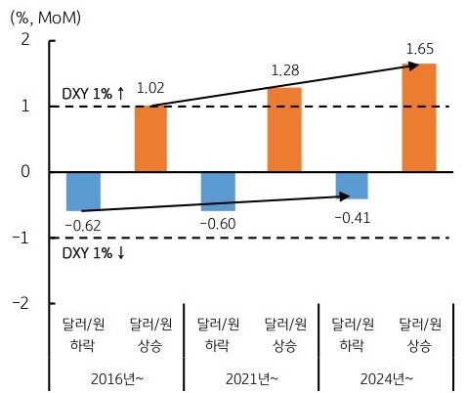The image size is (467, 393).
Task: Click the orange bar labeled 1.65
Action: point(419,117)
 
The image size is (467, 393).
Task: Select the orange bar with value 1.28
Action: point(284,130)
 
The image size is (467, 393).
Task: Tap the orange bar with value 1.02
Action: point(150,138)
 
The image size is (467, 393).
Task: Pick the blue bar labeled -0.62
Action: point(83,191)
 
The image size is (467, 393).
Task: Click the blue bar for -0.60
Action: point(217,191)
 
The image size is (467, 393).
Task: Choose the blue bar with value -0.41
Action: point(351,185)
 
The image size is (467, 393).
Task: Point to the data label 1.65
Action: point(420,47)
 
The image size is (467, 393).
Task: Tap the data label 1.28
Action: point(285,70)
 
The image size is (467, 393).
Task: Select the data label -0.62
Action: point(83,227)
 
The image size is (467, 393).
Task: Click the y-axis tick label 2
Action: point(24,40)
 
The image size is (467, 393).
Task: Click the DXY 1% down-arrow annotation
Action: point(93,254)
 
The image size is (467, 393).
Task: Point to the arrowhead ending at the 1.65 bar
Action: point(413,65)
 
